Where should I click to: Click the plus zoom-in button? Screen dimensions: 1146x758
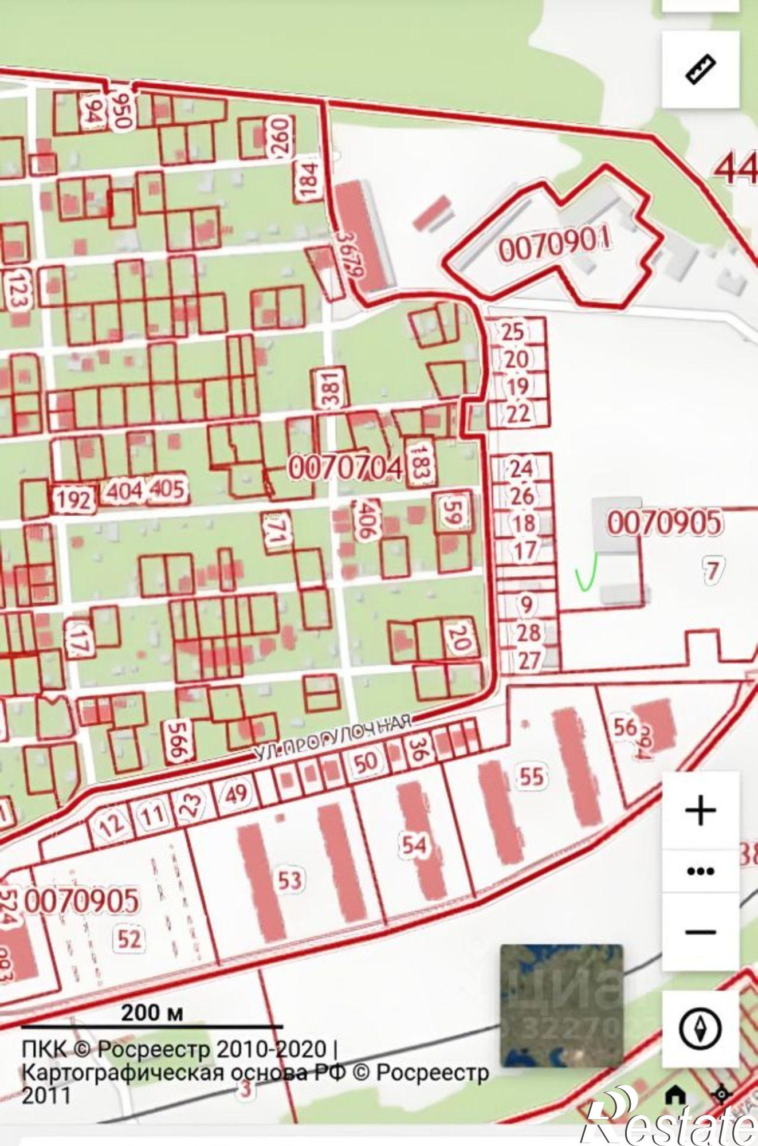tap(700, 810)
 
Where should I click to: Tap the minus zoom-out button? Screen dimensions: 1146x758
tap(700, 932)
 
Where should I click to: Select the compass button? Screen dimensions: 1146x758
tap(700, 1029)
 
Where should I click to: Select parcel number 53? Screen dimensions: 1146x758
tap(289, 880)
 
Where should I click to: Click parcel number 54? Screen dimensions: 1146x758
tap(414, 845)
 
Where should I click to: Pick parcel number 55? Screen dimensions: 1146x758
tap(531, 777)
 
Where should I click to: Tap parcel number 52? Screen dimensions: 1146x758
tap(129, 939)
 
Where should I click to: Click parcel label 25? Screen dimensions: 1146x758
tap(512, 331)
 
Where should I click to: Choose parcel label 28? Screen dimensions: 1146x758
tap(528, 633)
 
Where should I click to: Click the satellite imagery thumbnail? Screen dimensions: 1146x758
tap(561, 1006)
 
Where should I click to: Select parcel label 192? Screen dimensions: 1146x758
tap(74, 500)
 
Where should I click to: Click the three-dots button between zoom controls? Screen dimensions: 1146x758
tap(700, 872)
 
